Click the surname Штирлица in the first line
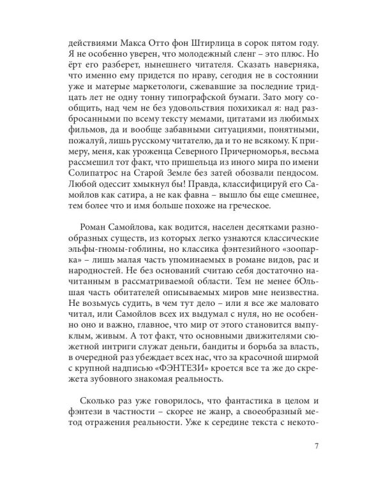[204, 43]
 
